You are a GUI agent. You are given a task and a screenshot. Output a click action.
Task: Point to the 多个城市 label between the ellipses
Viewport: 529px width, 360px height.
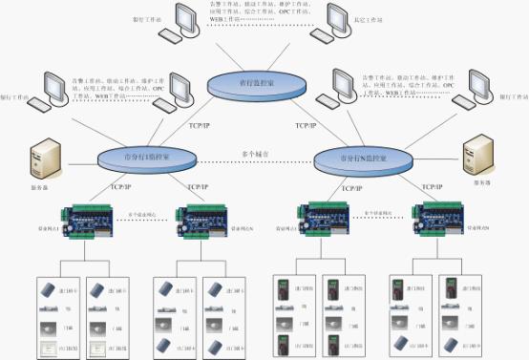tap(252, 152)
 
